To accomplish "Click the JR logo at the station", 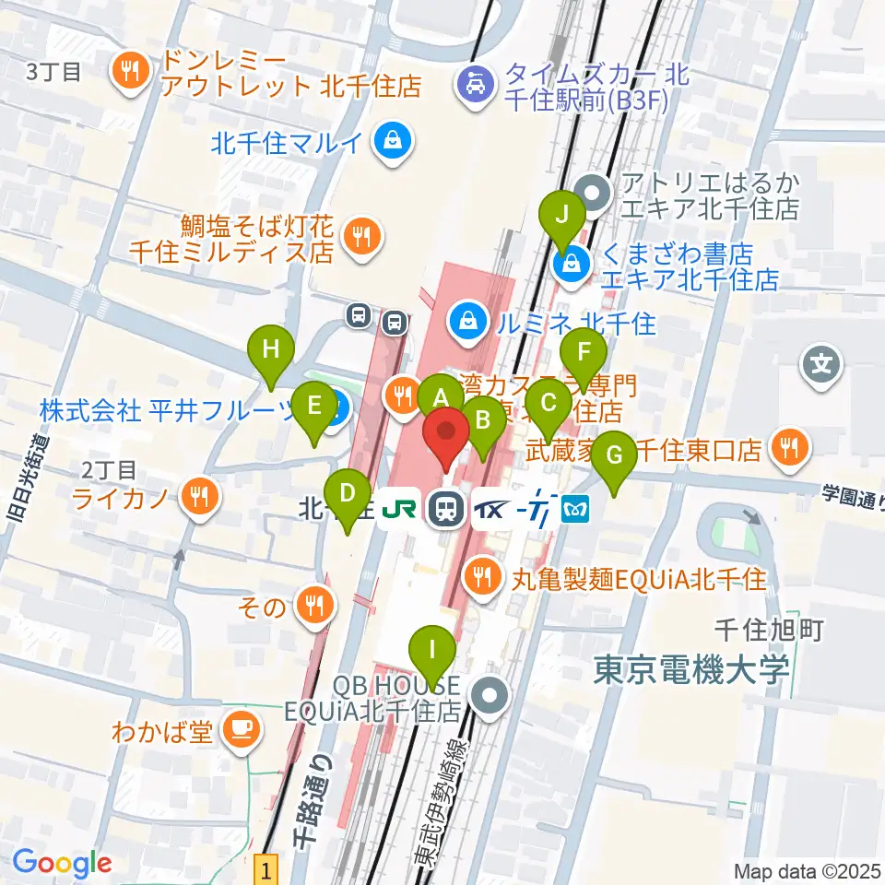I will click(399, 508).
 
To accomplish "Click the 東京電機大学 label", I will click(690, 668).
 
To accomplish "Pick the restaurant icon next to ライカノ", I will click(198, 499).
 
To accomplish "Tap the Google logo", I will click(63, 863).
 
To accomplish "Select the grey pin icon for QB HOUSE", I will click(489, 696).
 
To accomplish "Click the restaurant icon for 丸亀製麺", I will click(481, 578).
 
